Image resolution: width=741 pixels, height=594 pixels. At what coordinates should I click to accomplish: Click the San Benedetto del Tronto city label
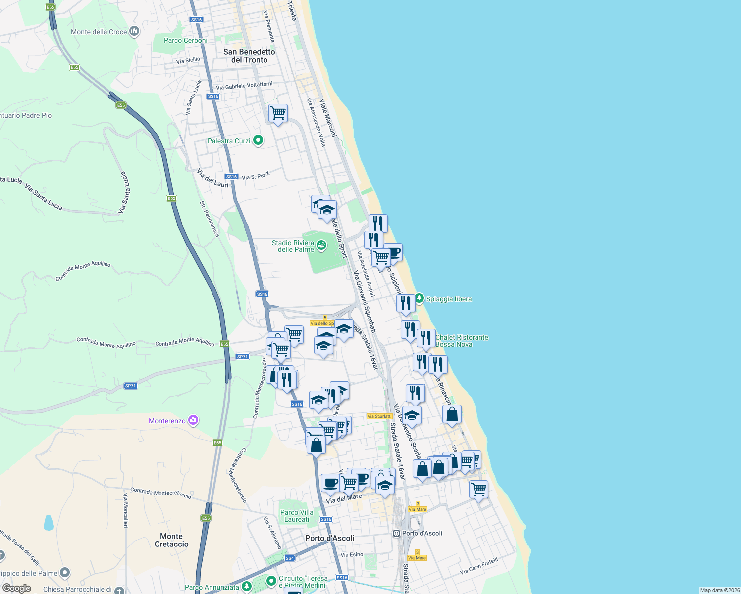coord(249,56)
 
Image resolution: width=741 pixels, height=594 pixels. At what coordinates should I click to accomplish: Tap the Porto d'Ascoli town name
coord(330,538)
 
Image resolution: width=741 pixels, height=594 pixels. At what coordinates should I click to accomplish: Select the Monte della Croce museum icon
coord(134,32)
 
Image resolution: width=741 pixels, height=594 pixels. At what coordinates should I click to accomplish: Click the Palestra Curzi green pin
coord(258,141)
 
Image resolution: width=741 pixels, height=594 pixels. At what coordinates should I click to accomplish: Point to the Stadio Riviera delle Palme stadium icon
coord(321,246)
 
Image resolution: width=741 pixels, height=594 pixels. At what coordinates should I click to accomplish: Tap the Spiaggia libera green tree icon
coord(420,298)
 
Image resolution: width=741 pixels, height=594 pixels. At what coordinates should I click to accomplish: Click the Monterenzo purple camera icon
coord(193,421)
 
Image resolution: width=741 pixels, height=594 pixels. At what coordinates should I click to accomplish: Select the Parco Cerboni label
coord(186,40)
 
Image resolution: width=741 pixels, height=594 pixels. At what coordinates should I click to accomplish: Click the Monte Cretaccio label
coord(171,540)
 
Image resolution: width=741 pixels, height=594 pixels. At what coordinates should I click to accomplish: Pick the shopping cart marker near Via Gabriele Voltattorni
coord(278,113)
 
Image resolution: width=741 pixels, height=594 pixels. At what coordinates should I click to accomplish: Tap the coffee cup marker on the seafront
coord(393,253)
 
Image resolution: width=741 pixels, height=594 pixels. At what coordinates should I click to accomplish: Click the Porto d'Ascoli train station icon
coord(396,533)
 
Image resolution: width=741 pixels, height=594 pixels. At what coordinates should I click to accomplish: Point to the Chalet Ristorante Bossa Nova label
coord(462,341)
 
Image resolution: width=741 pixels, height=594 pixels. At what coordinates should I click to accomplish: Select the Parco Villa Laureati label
coord(297,516)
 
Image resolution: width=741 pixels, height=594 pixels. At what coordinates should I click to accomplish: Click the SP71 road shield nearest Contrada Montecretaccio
coord(242,357)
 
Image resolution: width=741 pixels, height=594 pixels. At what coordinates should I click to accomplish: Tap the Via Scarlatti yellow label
coord(379,416)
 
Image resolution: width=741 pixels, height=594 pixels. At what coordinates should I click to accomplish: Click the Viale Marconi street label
coord(328,118)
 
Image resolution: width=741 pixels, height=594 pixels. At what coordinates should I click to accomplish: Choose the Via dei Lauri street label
coord(213,178)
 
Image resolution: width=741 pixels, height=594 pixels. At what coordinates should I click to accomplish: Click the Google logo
coord(17,588)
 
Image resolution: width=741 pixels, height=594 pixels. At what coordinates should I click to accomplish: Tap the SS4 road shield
coord(290,558)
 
